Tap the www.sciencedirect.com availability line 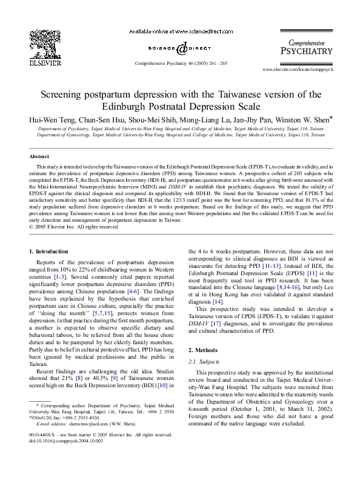pyautogui.click(x=180, y=32)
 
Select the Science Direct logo pyautogui.click(x=180, y=48)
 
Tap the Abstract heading pyautogui.click(x=39, y=156)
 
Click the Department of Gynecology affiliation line pyautogui.click(x=181, y=136)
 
